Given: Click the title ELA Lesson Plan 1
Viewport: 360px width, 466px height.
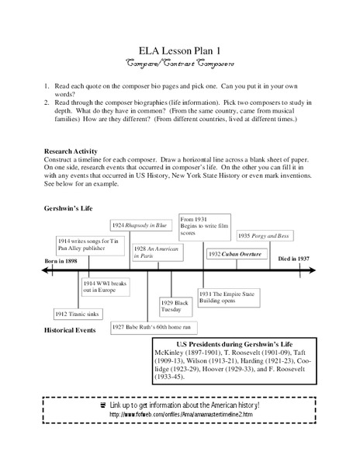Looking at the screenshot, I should point(180,46).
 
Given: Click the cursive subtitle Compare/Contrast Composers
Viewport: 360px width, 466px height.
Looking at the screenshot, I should point(180,61).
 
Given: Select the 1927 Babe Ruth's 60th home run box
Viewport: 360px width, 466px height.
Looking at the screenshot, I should point(154,327).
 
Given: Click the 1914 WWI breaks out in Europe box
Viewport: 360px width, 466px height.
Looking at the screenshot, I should point(106,287).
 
